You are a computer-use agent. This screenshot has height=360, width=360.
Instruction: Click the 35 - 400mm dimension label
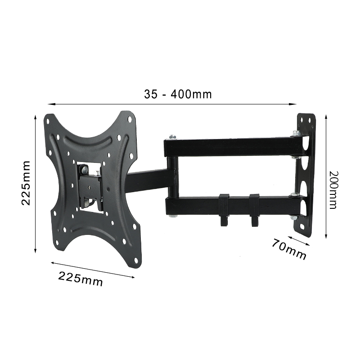coord(178,94)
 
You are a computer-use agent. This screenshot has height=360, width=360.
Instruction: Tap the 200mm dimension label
coord(333,190)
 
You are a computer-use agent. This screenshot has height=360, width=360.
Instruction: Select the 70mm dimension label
coord(289,249)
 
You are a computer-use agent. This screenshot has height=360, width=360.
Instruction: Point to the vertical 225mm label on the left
coord(26,183)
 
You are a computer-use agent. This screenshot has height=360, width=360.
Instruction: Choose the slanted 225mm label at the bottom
coord(81,279)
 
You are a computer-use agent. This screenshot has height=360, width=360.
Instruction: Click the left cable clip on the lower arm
coord(224,209)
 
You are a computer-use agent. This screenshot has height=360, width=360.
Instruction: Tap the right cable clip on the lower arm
coord(254,209)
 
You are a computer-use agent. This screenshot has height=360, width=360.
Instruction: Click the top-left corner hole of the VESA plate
coord(48,121)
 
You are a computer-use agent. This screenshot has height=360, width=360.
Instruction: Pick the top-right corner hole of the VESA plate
coord(130,119)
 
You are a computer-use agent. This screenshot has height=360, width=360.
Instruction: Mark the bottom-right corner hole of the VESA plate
coord(136,261)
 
